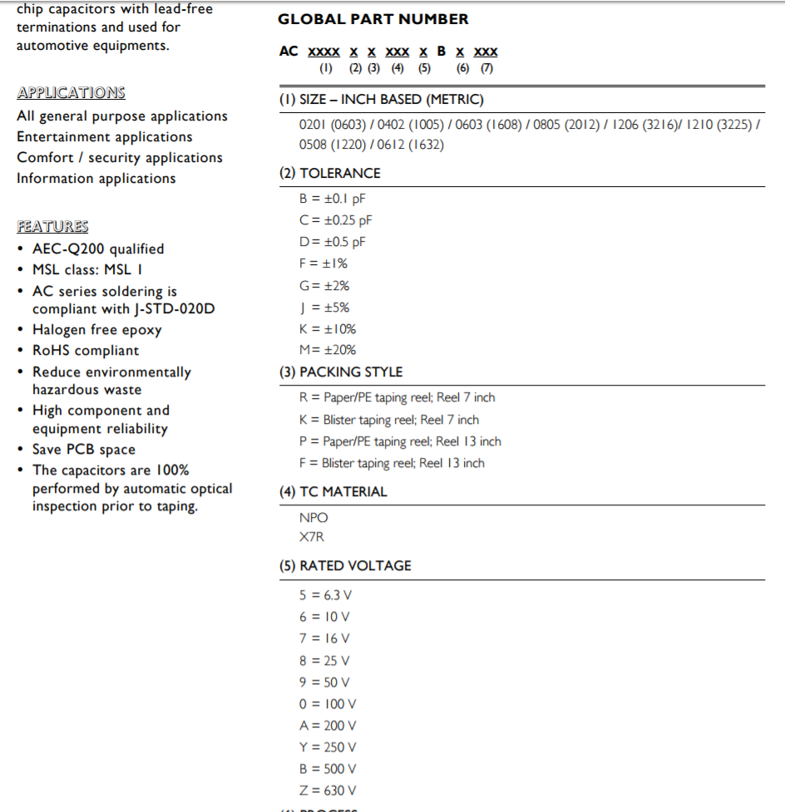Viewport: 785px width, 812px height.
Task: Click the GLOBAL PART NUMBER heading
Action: click(x=373, y=19)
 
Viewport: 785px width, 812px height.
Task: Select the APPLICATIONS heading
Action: click(x=71, y=93)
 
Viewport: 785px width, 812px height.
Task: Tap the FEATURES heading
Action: click(x=52, y=226)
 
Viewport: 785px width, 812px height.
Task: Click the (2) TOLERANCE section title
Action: click(x=329, y=173)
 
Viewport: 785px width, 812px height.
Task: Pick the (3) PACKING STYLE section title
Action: click(x=340, y=372)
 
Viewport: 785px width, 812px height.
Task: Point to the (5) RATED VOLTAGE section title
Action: click(x=344, y=565)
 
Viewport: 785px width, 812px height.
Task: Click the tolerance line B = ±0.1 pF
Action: click(x=332, y=199)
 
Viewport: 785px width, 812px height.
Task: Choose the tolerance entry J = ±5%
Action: click(x=324, y=307)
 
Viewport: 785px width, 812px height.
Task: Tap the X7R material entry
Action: click(x=312, y=537)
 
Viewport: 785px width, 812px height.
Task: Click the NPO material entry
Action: click(x=314, y=517)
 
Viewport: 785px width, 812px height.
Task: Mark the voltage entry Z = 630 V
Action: click(x=328, y=790)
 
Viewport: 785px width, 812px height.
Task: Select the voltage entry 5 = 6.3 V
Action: click(x=325, y=595)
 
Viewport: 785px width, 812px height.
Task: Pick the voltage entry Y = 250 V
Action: click(x=328, y=747)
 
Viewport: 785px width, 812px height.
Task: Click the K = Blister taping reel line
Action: click(x=388, y=420)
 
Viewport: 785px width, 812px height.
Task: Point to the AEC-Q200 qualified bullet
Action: click(x=98, y=249)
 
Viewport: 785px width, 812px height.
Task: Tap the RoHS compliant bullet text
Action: click(x=86, y=351)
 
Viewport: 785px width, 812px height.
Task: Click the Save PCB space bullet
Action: click(x=83, y=450)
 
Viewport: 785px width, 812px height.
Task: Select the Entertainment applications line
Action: click(x=104, y=137)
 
